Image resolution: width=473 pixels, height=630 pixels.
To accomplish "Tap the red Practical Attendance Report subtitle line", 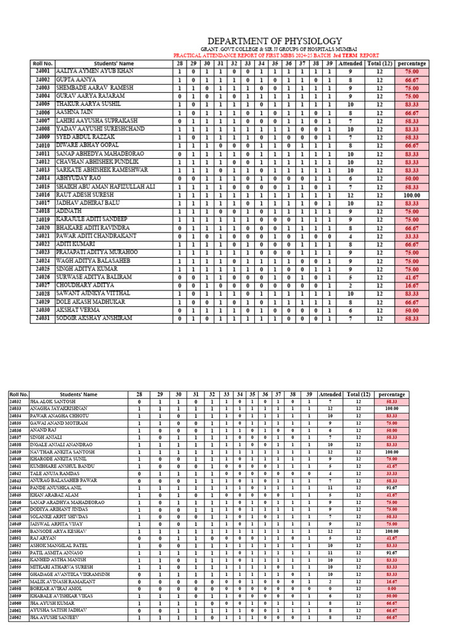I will coord(276,55).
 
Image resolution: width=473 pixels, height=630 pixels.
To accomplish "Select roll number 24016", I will coord(42,194).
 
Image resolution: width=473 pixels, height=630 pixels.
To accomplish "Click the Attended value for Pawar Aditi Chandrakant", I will coord(350,236).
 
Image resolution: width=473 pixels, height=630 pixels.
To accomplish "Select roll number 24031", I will coord(42,318).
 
